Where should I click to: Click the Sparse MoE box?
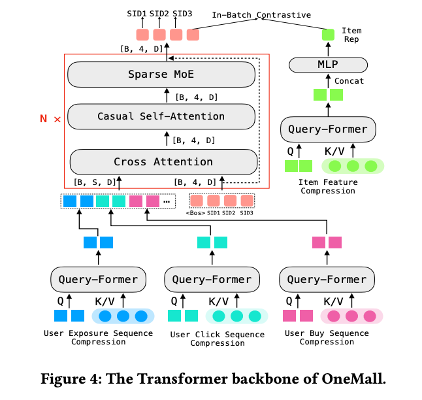tap(161, 74)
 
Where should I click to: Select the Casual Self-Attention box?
tap(161, 117)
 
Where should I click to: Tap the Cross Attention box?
tap(163, 161)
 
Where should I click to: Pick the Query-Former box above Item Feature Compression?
tap(328, 129)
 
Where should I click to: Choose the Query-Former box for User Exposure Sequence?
tap(98, 279)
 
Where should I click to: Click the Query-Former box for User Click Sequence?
tap(212, 279)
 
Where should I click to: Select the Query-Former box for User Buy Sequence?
tap(327, 279)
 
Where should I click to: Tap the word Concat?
tap(349, 81)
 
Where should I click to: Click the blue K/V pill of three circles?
tap(123, 316)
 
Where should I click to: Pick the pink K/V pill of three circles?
tap(351, 316)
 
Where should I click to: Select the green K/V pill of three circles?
tap(353, 166)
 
